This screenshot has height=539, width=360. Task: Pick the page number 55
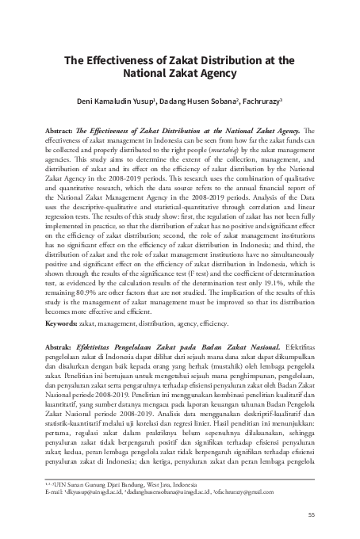coord(312,514)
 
